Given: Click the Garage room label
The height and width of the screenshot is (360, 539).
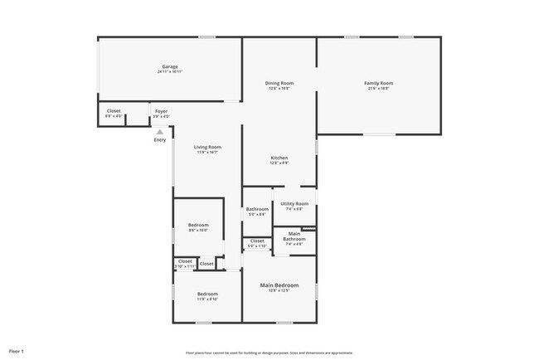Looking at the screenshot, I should pyautogui.click(x=169, y=66).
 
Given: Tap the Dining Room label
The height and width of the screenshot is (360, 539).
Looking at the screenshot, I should pyautogui.click(x=279, y=83).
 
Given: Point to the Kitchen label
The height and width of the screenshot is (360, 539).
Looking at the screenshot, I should pyautogui.click(x=279, y=158).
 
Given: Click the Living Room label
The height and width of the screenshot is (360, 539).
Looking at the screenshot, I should pyautogui.click(x=207, y=147).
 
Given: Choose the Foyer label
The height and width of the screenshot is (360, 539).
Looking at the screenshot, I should pyautogui.click(x=161, y=111).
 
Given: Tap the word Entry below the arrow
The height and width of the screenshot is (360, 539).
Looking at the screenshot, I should pyautogui.click(x=160, y=139).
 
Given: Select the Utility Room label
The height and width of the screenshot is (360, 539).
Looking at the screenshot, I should pyautogui.click(x=294, y=203).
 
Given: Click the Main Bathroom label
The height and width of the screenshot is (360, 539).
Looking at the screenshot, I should pyautogui.click(x=294, y=236).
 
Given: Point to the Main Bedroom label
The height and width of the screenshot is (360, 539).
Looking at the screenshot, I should pyautogui.click(x=279, y=285).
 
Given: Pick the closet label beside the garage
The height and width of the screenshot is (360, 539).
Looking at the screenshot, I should pyautogui.click(x=114, y=111).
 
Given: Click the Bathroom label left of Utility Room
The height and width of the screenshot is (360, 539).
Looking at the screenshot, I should pyautogui.click(x=257, y=209).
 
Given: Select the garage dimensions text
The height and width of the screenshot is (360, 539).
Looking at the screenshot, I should pyautogui.click(x=169, y=72).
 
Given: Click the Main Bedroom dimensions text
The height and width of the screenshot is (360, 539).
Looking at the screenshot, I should pyautogui.click(x=279, y=291).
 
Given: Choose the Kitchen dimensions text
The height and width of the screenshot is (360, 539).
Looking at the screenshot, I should pyautogui.click(x=279, y=163).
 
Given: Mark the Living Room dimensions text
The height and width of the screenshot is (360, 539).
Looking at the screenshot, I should pyautogui.click(x=207, y=153).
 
